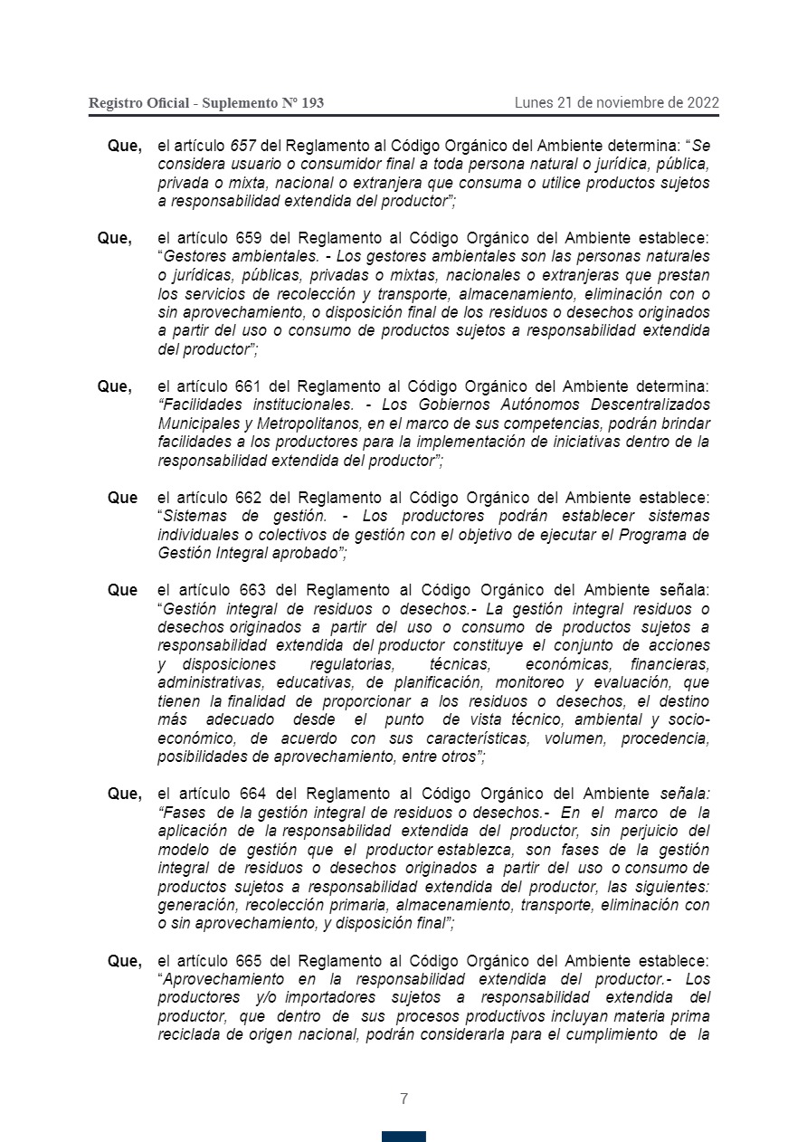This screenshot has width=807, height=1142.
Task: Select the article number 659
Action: coord(247,239)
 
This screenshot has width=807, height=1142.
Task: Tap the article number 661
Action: coord(247,386)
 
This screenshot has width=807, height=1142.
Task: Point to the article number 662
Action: coord(247,498)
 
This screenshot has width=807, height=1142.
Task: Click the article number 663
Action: coord(247,590)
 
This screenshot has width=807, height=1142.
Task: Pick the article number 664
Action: coord(247,794)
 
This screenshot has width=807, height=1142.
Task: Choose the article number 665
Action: coord(247,960)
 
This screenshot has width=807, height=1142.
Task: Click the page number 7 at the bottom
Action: coord(403,1099)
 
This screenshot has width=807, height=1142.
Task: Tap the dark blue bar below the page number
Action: coord(403,1136)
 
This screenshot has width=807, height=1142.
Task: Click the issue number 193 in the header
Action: coord(312,103)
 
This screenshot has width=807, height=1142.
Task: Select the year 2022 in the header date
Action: coord(703,102)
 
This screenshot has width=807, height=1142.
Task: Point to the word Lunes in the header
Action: coord(534,102)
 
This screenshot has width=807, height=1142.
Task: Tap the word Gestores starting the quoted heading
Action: coord(194,257)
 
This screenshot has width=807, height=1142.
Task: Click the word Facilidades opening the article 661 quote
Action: coord(198,404)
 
